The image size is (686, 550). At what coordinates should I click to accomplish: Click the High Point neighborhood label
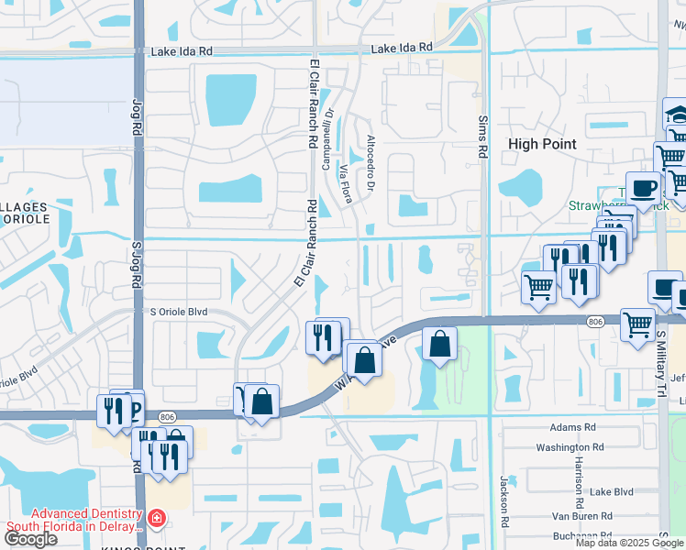pos(542,144)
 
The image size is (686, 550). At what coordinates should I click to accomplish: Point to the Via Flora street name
pos(347,183)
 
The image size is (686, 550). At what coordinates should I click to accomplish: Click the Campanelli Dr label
pos(326,140)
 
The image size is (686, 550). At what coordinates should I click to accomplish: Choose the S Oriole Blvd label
pos(179,313)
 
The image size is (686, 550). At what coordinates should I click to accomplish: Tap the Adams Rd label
pos(573,427)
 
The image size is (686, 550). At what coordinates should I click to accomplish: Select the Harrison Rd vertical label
pos(580,482)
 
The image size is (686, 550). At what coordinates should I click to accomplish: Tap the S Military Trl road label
pos(661,339)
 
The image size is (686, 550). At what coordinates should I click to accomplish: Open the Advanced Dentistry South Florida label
pos(76,520)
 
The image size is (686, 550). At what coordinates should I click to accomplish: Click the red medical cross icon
pos(156,520)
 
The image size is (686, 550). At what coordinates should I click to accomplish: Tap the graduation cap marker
pos(675,115)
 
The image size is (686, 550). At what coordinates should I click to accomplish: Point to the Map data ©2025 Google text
pos(629,543)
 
